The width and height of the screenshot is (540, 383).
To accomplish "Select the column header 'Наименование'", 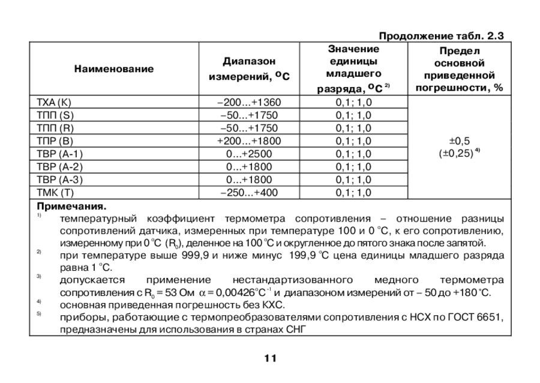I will pos(114,69).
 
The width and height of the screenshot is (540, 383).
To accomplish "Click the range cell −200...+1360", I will pos(248,102).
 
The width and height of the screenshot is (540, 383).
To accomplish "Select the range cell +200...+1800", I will pos(248,141).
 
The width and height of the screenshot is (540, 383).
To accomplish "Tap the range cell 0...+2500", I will pos(248,154).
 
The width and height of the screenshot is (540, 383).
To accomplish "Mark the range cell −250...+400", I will pos(248,193).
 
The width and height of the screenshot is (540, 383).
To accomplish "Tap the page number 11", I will pos(269,358).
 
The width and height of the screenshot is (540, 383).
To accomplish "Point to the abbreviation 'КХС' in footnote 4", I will pos(288,305).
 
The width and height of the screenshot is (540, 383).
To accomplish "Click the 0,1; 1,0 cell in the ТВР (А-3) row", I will pos(354,180).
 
